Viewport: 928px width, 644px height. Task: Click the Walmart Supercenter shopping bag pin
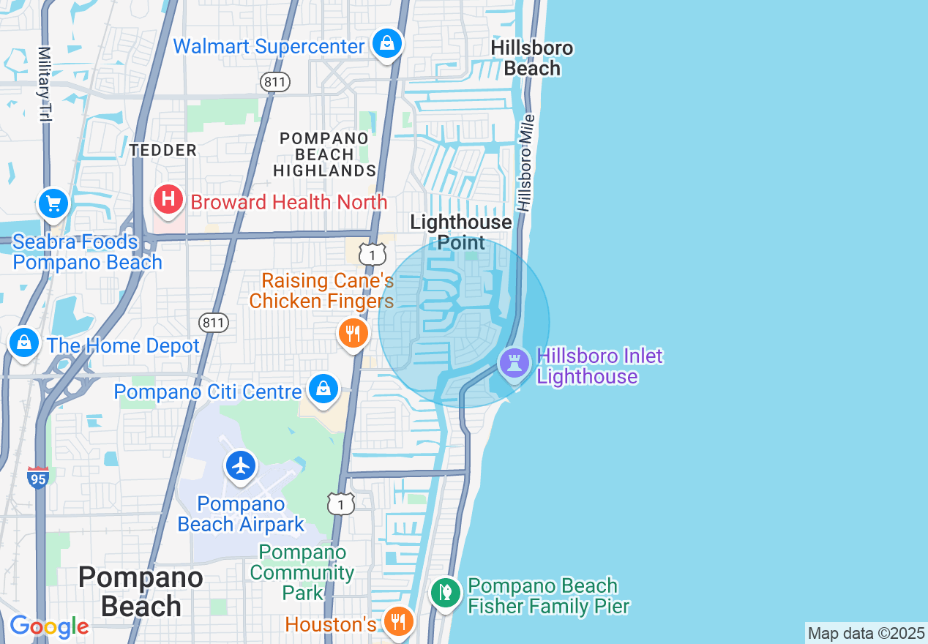(387, 44)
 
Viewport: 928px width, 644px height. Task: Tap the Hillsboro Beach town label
(532, 59)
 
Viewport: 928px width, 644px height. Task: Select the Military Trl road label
(45, 84)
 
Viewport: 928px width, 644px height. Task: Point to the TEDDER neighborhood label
(163, 151)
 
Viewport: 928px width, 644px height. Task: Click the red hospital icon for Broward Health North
(168, 200)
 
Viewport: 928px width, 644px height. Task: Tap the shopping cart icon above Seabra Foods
(53, 204)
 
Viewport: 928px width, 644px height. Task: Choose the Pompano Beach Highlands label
(324, 154)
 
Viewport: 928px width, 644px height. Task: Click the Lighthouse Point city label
(461, 232)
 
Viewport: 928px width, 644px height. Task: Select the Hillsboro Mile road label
(525, 163)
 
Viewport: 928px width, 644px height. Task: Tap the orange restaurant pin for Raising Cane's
(353, 334)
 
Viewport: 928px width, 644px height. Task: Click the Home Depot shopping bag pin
(24, 342)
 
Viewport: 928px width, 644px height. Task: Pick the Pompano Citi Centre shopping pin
(322, 389)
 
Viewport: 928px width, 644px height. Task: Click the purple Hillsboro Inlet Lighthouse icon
(514, 362)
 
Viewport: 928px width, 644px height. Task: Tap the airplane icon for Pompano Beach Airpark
(241, 465)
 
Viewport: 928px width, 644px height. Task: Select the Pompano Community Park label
(302, 572)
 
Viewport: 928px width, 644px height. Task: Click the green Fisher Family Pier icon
(444, 592)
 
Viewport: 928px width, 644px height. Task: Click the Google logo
(49, 626)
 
